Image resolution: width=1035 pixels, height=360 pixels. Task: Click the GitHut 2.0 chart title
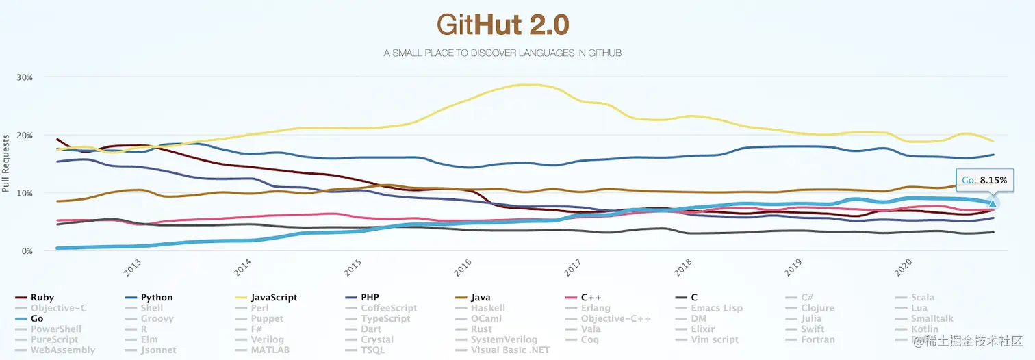point(502,26)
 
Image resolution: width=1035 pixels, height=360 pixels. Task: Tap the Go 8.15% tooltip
point(984,180)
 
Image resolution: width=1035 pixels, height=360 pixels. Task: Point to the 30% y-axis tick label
point(24,77)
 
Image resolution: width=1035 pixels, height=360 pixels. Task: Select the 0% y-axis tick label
point(27,251)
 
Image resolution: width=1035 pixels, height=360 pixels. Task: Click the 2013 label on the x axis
point(133,268)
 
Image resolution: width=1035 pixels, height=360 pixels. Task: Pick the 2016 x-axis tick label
point(463,268)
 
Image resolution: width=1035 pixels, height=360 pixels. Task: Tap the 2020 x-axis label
point(904,268)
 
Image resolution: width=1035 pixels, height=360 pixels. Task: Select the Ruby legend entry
point(42,298)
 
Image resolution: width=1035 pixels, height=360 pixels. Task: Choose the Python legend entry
point(156,298)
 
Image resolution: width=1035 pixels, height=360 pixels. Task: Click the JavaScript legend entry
point(273,298)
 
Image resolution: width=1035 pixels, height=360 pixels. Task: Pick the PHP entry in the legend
point(370,298)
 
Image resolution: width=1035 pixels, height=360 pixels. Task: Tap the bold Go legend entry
point(36,318)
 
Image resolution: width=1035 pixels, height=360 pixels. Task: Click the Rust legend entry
point(482,329)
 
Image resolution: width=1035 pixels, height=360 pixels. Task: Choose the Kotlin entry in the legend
point(924,329)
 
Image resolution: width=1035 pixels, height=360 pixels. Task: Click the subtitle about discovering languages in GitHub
point(502,53)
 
